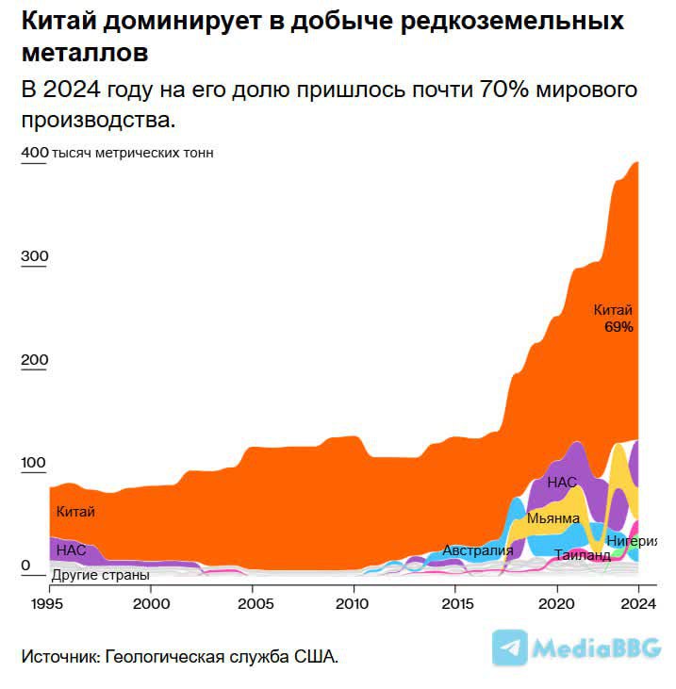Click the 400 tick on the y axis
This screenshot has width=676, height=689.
(34, 153)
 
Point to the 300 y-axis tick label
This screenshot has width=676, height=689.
(34, 256)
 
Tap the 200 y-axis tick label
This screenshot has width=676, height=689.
(34, 360)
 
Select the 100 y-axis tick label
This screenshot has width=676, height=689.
(34, 463)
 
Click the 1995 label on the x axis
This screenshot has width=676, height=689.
(49, 601)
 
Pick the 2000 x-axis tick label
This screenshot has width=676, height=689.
(151, 601)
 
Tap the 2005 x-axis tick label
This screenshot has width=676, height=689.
(252, 601)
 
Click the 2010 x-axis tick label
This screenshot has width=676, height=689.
(353, 601)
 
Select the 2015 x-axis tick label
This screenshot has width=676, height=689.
(454, 601)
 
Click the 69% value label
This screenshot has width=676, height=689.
(618, 327)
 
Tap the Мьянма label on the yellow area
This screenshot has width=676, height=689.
(552, 517)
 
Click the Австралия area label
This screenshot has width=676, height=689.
(477, 550)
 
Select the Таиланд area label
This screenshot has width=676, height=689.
(582, 555)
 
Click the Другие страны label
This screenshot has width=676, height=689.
(100, 574)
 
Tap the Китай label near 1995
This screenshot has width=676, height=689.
(75, 512)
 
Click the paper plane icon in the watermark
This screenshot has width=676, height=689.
(510, 648)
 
